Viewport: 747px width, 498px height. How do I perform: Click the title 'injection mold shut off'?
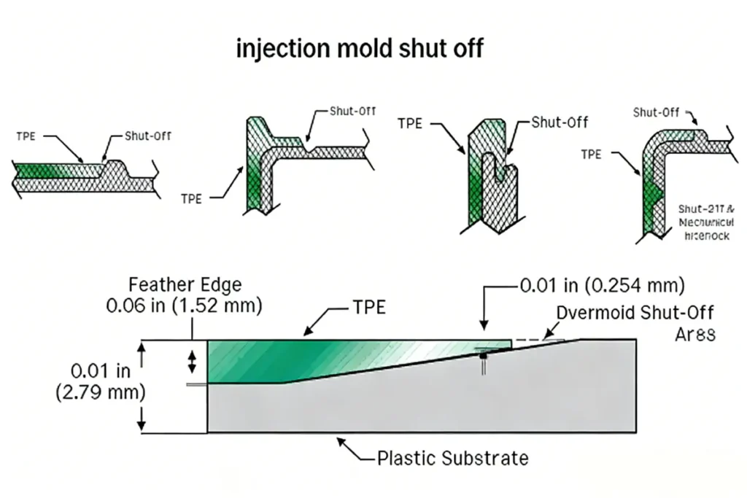[360, 49]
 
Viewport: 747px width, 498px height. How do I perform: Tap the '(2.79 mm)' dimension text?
[100, 392]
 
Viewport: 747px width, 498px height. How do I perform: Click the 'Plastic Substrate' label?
[452, 459]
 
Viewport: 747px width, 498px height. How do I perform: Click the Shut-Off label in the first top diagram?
[149, 136]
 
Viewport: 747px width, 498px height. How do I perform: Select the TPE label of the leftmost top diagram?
[27, 136]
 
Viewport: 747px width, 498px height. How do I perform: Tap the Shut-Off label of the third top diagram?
[560, 122]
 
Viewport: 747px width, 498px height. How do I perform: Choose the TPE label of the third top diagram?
[410, 123]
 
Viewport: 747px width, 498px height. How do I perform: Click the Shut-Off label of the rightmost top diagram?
[656, 112]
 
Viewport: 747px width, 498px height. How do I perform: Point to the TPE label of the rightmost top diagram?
[591, 154]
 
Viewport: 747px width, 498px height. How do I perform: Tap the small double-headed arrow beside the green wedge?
[193, 361]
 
